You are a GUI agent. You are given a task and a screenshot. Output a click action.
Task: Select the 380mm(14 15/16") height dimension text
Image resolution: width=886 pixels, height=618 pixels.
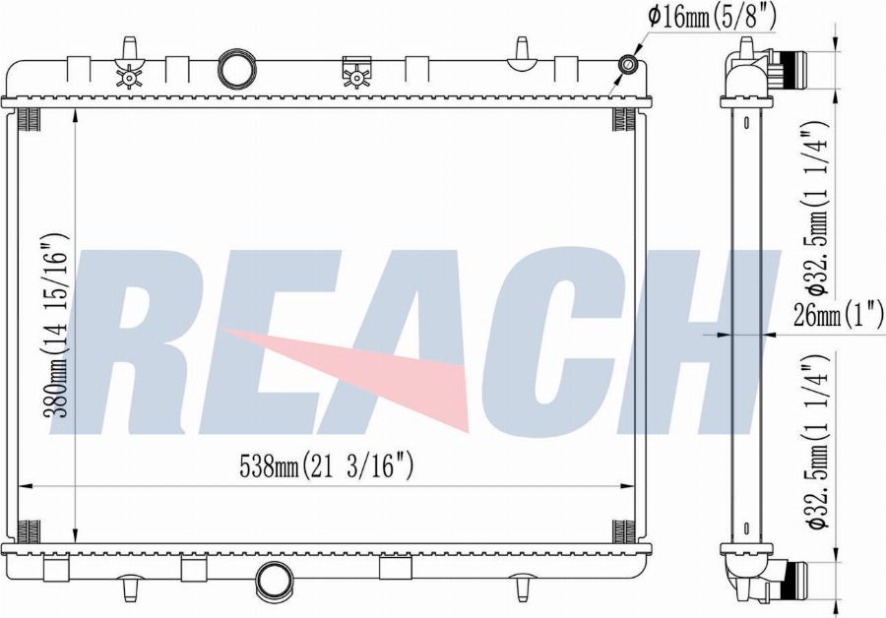(x=57, y=325)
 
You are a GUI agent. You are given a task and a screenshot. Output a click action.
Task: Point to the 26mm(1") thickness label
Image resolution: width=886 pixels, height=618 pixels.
(x=838, y=315)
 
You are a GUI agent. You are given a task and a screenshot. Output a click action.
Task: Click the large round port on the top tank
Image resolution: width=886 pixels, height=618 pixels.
(x=235, y=68)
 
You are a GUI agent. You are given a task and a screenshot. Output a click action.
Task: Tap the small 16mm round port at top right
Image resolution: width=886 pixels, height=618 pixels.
(x=626, y=67)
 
